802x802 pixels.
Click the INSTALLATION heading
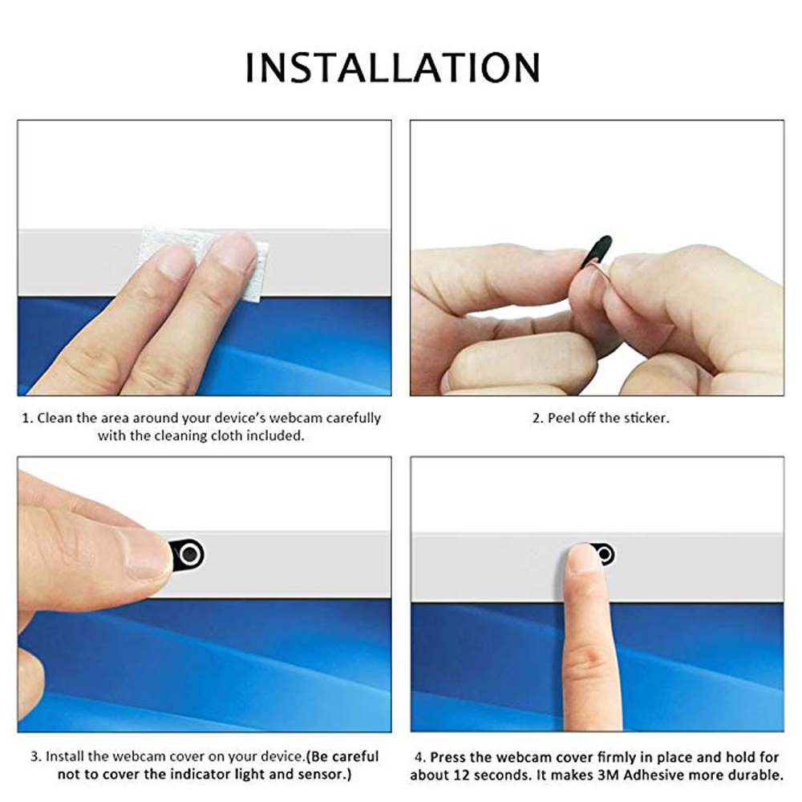point(392,67)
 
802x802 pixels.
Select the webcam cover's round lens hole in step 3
point(189,553)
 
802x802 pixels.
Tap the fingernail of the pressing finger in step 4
point(582,557)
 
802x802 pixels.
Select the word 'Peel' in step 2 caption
point(562,419)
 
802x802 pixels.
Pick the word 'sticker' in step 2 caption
point(646,419)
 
